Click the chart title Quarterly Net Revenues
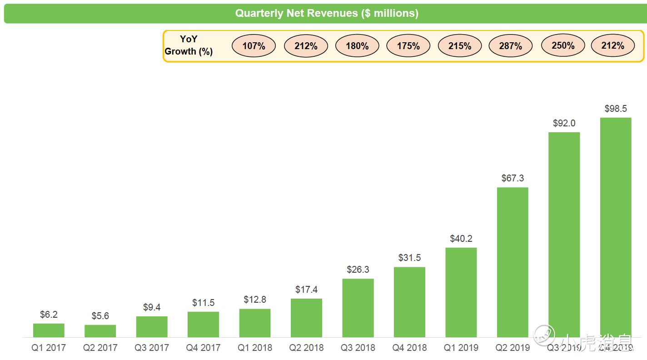(326, 13)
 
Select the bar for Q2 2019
(513, 262)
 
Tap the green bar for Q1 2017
(49, 330)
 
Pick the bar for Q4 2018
(409, 302)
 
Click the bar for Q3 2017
(152, 327)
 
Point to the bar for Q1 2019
(461, 292)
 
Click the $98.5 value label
(616, 109)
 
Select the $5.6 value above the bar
(100, 316)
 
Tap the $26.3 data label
(358, 270)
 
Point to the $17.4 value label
(306, 290)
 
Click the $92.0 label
(564, 123)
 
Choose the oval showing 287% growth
(510, 46)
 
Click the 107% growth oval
(254, 46)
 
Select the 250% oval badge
(563, 45)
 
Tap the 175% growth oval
(408, 46)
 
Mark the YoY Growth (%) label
(189, 45)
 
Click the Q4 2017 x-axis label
(203, 348)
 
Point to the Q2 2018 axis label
(306, 348)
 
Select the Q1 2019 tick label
(461, 348)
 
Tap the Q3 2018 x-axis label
(358, 348)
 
